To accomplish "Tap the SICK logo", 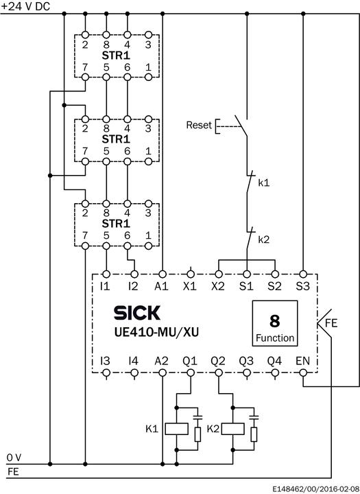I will [136, 313].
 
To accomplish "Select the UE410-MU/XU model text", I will [152, 333].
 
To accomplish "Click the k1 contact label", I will [264, 183].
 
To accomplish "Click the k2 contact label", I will [264, 239].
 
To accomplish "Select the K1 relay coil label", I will [152, 429].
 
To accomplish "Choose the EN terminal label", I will [302, 360].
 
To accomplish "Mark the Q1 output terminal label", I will [190, 360].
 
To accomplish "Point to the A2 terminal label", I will [162, 360].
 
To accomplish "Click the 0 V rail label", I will [14, 457].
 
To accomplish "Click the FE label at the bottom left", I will [13, 471].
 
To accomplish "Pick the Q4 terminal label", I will [274, 360].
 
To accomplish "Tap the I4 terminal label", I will [133, 360].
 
